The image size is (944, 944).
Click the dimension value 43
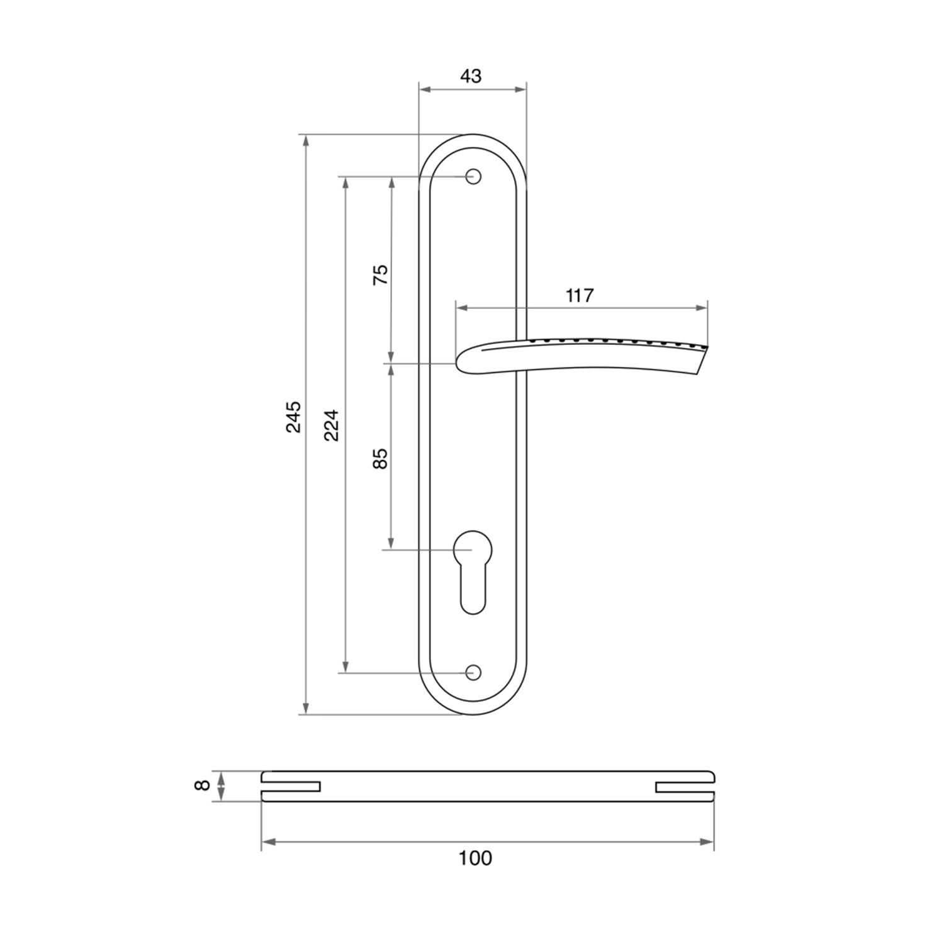pos(471,76)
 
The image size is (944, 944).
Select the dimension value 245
pos(294,417)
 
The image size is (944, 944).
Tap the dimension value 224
pos(332,425)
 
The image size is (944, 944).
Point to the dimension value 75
pos(381,275)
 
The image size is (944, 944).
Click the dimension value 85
pos(381,458)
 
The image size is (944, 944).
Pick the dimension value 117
pos(580,295)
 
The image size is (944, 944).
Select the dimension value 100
pos(475,858)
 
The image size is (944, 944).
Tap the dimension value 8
pos(201,785)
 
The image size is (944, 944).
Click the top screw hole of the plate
pos(473,176)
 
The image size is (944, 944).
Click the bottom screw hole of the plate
pos(473,673)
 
